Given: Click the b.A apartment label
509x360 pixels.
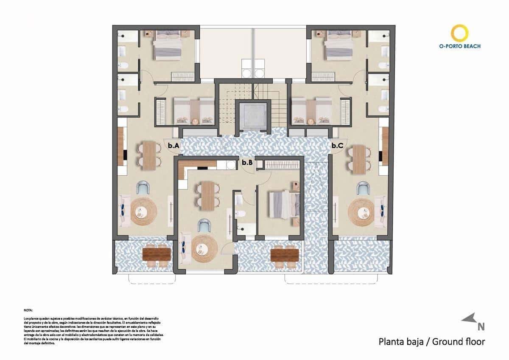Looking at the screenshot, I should pos(174,146).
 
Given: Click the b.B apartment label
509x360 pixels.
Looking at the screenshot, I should pos(247,162).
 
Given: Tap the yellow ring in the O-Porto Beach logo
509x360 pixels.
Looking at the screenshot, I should pos(460,34).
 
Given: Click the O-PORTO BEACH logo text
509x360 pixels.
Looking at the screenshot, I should pos(460,46).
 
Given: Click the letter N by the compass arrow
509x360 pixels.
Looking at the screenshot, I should pos(481,326).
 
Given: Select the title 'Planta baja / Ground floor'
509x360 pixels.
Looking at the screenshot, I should pos(431,341).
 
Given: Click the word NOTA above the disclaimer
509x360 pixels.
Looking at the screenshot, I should pos(28,310).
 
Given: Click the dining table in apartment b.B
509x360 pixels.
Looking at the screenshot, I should pos(207,196).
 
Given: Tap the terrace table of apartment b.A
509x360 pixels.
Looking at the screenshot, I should pos(157,254).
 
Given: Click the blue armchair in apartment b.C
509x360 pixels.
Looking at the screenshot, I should pos(363,188).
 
